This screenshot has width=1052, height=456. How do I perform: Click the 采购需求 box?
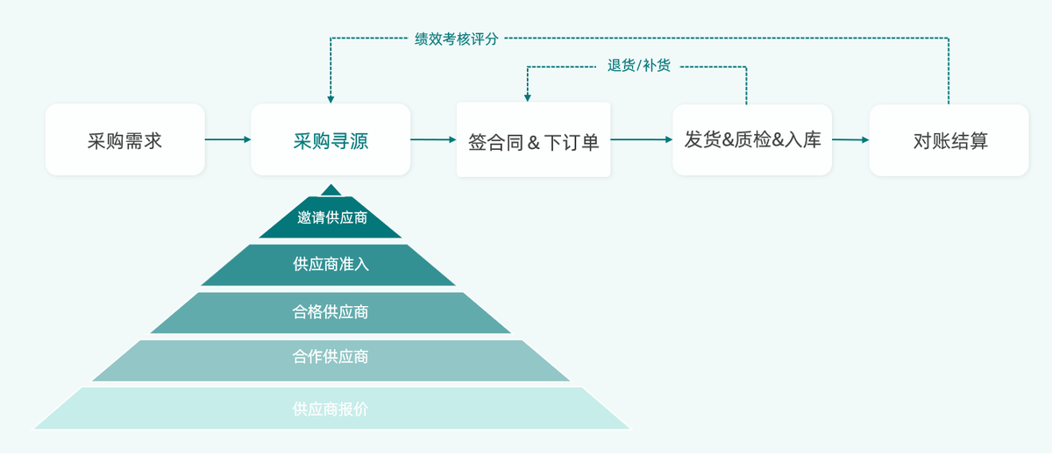(124, 139)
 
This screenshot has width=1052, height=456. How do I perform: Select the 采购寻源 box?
(331, 139)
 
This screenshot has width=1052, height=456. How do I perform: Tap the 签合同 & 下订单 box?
(533, 140)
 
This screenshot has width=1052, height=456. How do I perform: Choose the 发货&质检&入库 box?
(752, 139)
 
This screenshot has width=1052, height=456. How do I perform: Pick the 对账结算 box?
(949, 140)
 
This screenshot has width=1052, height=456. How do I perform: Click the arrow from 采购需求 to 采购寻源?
(228, 139)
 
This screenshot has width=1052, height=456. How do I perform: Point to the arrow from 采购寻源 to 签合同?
(433, 139)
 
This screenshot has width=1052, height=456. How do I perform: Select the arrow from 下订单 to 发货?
(641, 139)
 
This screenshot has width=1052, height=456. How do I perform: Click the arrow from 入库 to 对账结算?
(850, 139)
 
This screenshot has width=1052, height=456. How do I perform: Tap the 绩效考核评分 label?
(456, 39)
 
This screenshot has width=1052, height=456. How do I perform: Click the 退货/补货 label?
(638, 65)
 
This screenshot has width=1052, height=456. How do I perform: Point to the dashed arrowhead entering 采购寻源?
(331, 98)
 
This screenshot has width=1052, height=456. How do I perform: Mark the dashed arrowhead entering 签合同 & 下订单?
(528, 97)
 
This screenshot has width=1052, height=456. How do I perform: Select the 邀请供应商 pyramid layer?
(331, 218)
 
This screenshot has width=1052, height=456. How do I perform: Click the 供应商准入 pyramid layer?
(331, 264)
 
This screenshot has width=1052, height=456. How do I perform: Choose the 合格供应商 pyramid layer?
(331, 312)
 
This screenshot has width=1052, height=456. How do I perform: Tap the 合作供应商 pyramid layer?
(331, 359)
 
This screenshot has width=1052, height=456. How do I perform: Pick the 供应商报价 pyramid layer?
(331, 409)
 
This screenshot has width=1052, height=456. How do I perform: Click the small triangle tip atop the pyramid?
(331, 189)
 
